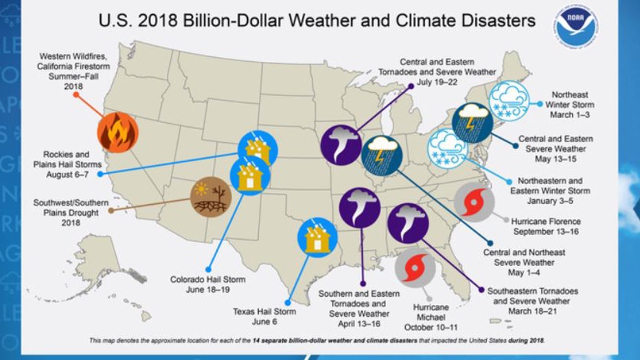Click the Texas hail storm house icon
tap(317, 237)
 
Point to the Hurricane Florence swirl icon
tap(474, 204)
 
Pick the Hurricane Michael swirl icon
tap(415, 268)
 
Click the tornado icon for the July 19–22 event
tap(341, 145)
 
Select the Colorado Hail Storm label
tap(207, 284)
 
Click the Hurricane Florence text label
tap(545, 227)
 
